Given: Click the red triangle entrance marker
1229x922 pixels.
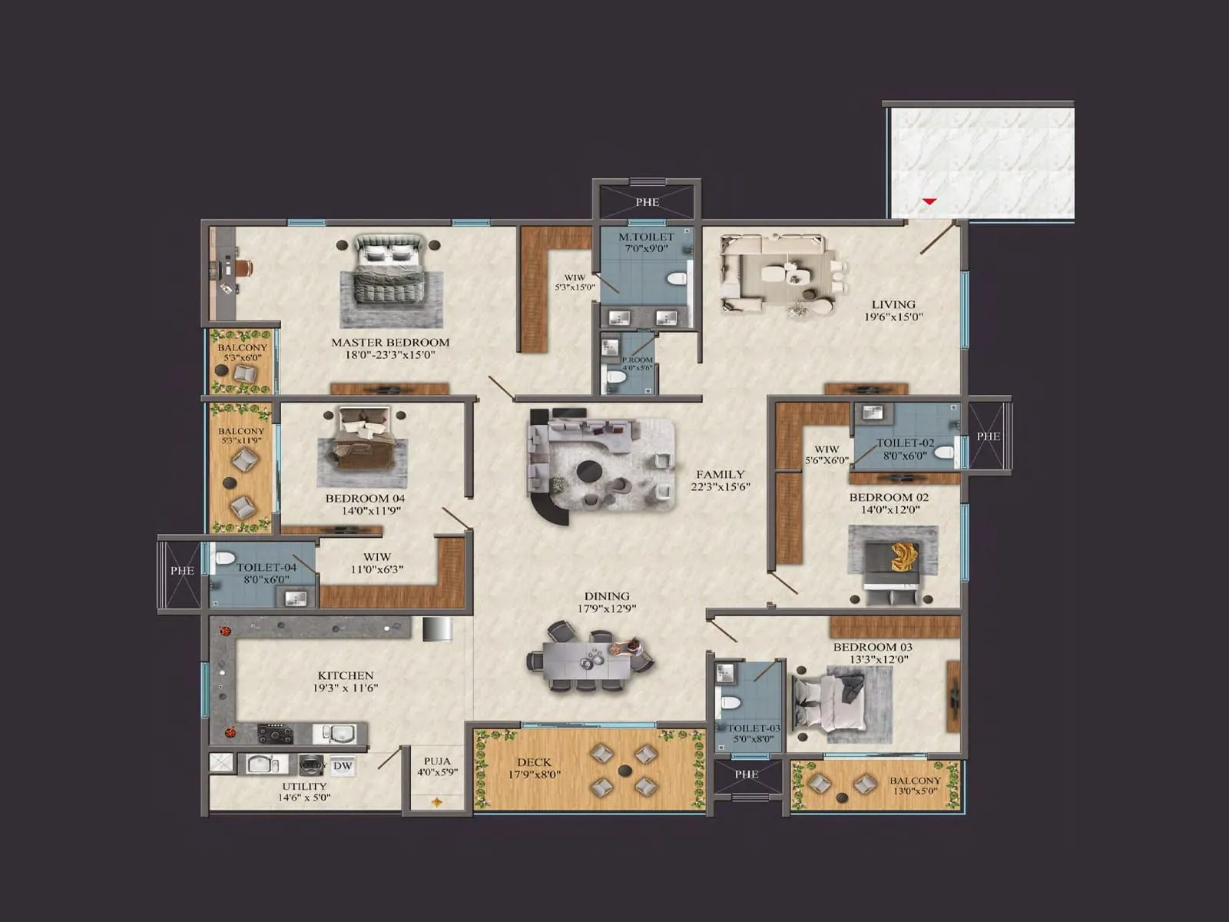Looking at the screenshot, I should [929, 201].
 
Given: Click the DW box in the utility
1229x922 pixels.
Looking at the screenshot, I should [343, 766].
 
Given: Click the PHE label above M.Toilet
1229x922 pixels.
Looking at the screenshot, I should [647, 202].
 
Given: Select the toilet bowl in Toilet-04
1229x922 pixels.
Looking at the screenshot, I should [224, 558].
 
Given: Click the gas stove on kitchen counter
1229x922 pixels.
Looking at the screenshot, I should [275, 734].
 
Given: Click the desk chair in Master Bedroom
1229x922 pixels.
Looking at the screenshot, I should [244, 267].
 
